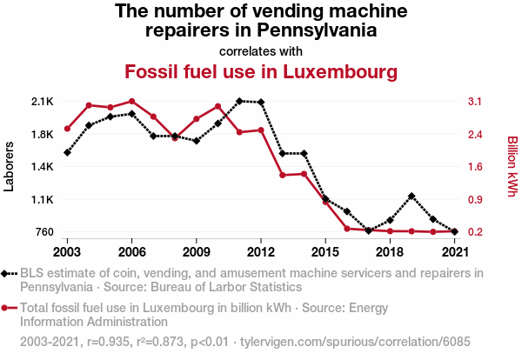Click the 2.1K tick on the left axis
42,102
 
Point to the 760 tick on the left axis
43,232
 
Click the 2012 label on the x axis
261,252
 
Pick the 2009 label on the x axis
197,252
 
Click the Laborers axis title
10,166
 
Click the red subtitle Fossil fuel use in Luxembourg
254,70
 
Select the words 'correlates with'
261,50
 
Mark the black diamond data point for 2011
239,101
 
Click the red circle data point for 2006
131,101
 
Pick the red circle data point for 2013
283,175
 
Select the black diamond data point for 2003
67,152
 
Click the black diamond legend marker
6,273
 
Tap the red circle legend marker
6,307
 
